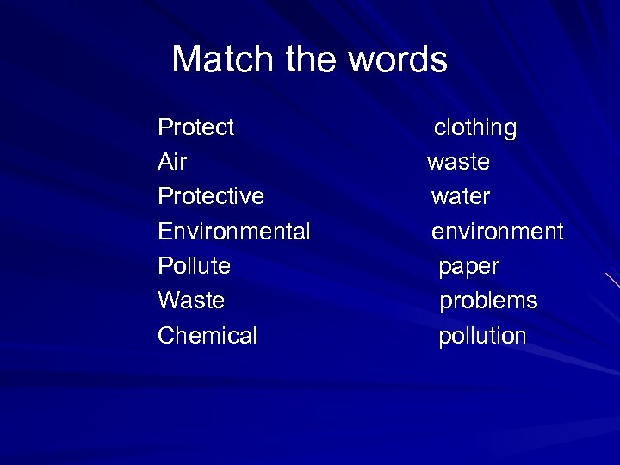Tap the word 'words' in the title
(398, 59)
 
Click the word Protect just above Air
(196, 127)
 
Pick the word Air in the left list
(172, 162)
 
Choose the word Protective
(211, 196)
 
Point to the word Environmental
(234, 232)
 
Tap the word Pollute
(195, 266)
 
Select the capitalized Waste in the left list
(191, 301)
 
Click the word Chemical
(208, 335)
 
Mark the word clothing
(475, 128)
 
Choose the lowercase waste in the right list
(458, 162)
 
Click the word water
(461, 196)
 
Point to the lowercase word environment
(498, 232)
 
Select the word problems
(488, 301)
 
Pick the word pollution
(482, 336)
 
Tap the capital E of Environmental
(164, 232)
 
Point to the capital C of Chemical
(165, 335)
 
